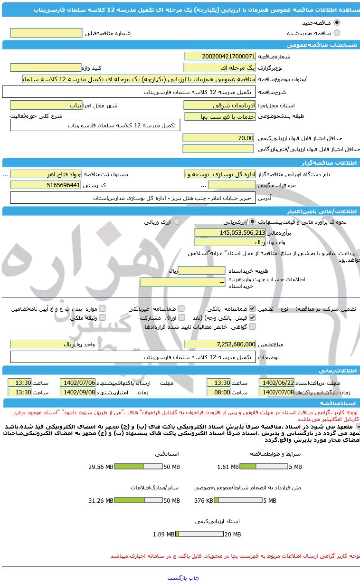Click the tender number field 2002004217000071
coord(220,56)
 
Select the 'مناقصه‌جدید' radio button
coord(337,22)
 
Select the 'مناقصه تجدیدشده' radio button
coord(337,33)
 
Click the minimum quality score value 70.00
coord(219,138)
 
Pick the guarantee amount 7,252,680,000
coord(220,344)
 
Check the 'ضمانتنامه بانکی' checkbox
coord(252,308)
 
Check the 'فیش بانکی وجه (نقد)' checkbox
coord(252,317)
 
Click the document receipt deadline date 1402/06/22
coord(276,382)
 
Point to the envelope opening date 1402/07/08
coord(276,392)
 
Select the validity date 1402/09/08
coord(77,392)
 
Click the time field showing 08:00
coord(218,392)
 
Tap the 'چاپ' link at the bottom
coord(194,578)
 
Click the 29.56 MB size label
coord(101,467)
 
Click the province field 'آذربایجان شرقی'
coord(220,105)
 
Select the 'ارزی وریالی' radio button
coord(177,221)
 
